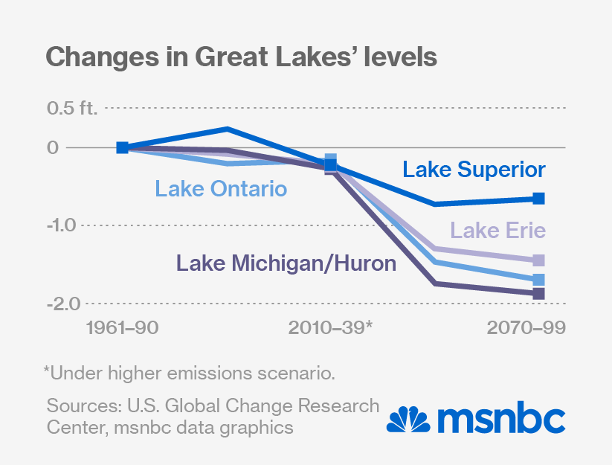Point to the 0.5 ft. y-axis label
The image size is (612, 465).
[73, 108]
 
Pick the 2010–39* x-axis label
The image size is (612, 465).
[332, 328]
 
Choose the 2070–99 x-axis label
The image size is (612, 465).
[526, 328]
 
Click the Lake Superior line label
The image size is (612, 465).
[474, 170]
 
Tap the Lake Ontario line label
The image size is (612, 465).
[221, 189]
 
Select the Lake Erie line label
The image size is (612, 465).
[498, 231]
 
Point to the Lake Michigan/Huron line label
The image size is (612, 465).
[286, 263]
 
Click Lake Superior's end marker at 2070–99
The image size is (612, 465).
[539, 198]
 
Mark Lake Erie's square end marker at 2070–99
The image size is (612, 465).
[539, 260]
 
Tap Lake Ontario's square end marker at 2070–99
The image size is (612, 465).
[539, 280]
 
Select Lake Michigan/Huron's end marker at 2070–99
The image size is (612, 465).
[539, 294]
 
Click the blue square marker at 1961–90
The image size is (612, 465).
[123, 147]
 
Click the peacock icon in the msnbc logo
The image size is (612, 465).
[409, 420]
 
